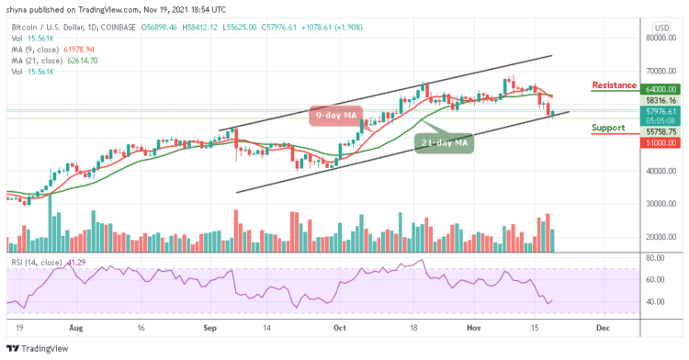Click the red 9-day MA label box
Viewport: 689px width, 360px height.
tap(335, 116)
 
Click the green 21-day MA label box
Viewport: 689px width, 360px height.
tap(444, 142)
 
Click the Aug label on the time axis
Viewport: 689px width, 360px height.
tap(75, 326)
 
